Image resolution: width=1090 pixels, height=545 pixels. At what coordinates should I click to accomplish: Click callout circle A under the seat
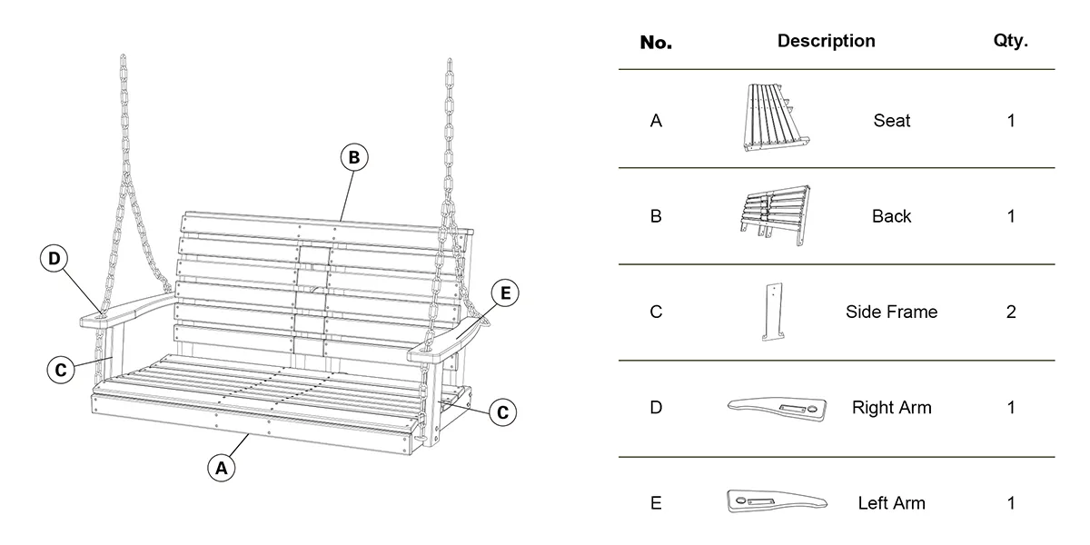click(221, 468)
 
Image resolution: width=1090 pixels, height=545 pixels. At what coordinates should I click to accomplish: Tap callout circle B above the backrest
click(354, 157)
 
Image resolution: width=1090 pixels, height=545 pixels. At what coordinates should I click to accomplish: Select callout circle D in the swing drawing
click(54, 259)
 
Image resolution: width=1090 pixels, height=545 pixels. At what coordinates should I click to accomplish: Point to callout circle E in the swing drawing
click(505, 292)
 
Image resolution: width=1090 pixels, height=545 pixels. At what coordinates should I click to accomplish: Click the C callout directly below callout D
click(60, 370)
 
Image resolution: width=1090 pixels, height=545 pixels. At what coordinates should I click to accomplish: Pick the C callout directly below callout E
click(502, 411)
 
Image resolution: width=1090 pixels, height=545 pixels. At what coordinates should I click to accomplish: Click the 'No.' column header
click(656, 42)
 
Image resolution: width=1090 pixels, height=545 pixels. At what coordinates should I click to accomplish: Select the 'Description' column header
click(826, 41)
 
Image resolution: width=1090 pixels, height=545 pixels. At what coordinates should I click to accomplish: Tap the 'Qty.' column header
click(1011, 41)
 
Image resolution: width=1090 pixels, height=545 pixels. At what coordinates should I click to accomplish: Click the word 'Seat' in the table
click(891, 121)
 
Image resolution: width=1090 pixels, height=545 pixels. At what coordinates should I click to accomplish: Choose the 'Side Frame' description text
click(891, 312)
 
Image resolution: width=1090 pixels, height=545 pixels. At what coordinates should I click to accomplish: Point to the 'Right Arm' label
click(891, 408)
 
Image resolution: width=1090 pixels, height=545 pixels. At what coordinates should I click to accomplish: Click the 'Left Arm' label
click(891, 503)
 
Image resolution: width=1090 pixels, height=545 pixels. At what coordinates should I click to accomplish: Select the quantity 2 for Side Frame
click(1011, 312)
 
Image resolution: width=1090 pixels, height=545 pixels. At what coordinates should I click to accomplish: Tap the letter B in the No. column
click(656, 216)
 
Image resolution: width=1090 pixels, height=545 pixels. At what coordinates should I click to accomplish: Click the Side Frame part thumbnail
click(773, 312)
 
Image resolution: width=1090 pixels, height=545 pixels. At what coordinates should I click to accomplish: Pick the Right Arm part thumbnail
click(778, 410)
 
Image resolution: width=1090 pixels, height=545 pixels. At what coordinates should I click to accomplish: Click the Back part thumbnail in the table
click(774, 214)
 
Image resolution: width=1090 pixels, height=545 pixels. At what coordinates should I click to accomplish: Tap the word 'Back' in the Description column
click(891, 216)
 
